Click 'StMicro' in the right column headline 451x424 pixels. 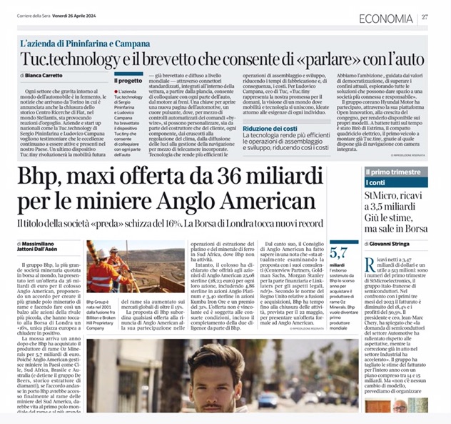point(387,197)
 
